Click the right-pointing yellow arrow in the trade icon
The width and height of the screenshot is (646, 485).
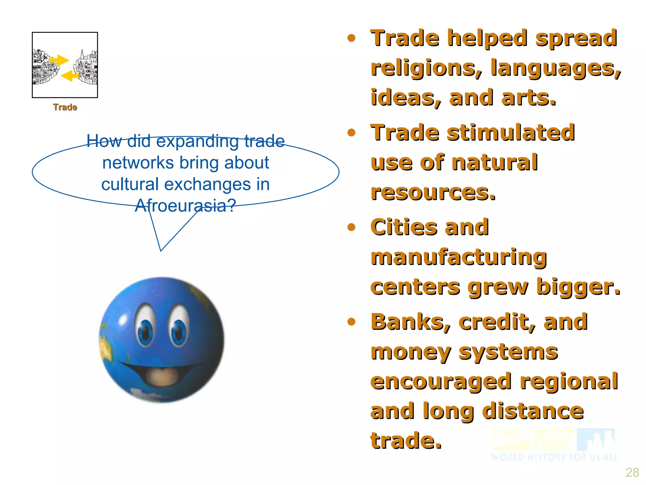pyautogui.click(x=59, y=60)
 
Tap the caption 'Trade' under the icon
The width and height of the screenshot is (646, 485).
pyautogui.click(x=65, y=107)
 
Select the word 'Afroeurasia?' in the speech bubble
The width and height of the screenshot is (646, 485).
pyautogui.click(x=185, y=206)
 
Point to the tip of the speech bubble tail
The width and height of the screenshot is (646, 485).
pyautogui.click(x=161, y=250)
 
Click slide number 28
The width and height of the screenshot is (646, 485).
pyautogui.click(x=632, y=472)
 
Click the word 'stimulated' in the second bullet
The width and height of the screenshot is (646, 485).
pyautogui.click(x=511, y=133)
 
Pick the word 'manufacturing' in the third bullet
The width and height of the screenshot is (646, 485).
pyautogui.click(x=459, y=257)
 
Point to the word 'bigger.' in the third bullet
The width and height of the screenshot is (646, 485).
pyautogui.click(x=578, y=287)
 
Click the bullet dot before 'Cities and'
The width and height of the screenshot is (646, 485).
pyautogui.click(x=351, y=227)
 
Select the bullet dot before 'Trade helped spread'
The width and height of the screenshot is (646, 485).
pyautogui.click(x=351, y=39)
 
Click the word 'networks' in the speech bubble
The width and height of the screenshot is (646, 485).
pyautogui.click(x=138, y=163)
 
